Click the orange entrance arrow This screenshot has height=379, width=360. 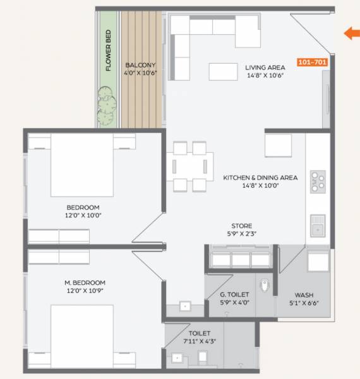351,33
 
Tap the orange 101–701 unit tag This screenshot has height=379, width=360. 312,64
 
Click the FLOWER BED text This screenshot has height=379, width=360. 109,51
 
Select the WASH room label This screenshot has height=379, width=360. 304,295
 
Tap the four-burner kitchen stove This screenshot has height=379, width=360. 318,183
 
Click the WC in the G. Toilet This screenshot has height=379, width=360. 265,286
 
